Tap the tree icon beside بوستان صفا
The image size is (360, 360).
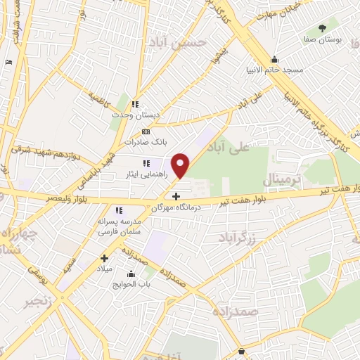click(x=323, y=29)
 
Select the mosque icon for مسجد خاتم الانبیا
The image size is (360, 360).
click(x=274, y=59)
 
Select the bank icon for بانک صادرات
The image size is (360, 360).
click(x=146, y=131)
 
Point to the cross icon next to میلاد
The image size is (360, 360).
click(x=105, y=258)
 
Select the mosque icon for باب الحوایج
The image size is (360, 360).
click(x=131, y=274)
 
